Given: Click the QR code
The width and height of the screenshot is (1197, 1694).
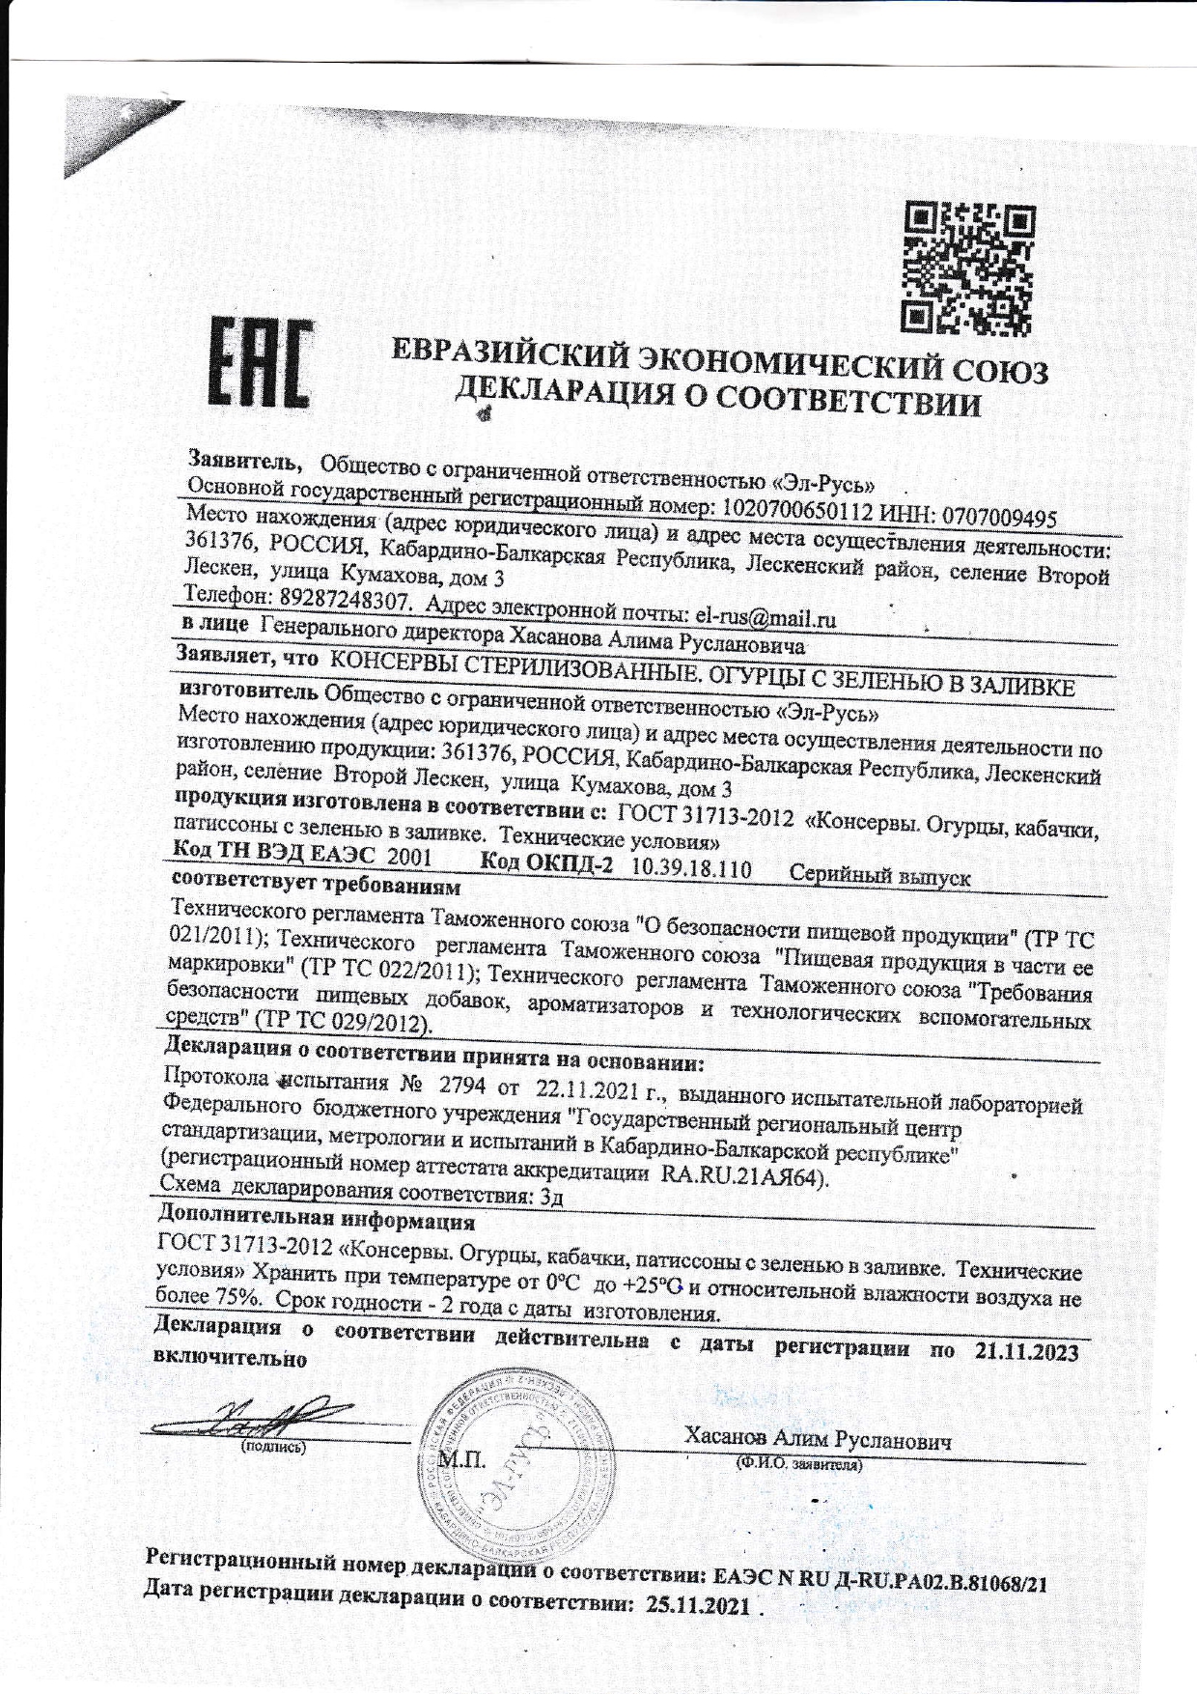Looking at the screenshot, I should click(968, 268).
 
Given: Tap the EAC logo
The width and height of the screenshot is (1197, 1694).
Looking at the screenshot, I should click(262, 362).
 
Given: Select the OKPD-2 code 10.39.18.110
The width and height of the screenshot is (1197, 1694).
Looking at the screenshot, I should click(690, 868).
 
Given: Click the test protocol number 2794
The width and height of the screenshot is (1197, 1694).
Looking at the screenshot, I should click(461, 1084).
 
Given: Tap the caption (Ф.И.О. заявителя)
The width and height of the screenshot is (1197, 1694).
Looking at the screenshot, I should click(797, 1464).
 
